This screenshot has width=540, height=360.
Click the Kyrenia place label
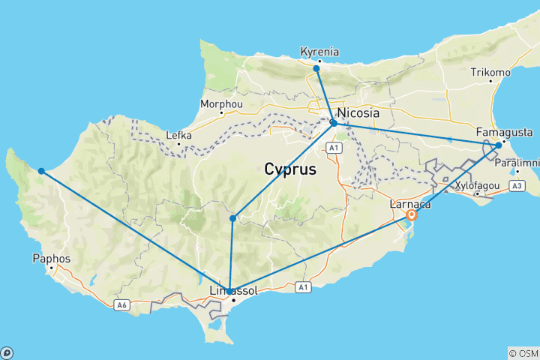point(319,52)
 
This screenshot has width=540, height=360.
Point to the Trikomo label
point(490,73)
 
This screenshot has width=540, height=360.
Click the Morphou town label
point(221,104)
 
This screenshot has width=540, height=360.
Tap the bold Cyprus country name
point(290,170)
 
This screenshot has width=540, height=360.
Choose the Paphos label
point(52,259)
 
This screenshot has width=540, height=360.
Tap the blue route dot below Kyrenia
point(316,68)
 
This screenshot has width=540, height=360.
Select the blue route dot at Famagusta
point(499,145)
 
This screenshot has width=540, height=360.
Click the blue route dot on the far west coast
point(41,171)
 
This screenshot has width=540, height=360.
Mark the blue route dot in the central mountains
point(233,218)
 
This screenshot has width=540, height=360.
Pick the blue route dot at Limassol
point(229,292)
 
